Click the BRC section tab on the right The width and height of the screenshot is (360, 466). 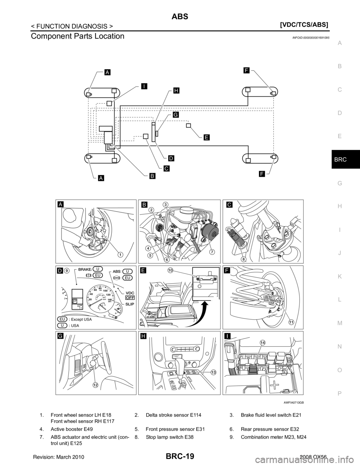339,159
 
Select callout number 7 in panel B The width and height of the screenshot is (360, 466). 212,251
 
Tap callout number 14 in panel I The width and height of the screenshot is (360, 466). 262,343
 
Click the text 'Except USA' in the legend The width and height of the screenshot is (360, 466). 80,319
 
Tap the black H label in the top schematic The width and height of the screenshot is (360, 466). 176,90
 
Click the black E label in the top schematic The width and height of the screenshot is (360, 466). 207,137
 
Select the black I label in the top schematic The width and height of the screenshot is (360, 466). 144,86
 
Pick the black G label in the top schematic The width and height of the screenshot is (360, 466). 175,115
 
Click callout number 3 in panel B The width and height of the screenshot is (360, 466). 165,204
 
